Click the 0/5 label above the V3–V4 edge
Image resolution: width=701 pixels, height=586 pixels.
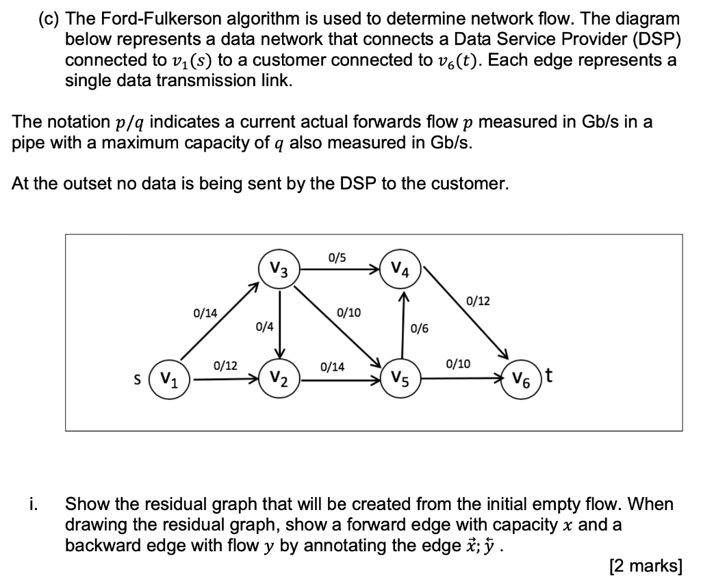(x=337, y=258)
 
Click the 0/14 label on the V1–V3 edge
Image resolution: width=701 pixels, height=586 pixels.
(x=205, y=313)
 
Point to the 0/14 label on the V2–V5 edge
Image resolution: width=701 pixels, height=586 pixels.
(x=332, y=367)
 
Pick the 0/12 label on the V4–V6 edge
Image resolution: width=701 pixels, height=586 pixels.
(x=478, y=301)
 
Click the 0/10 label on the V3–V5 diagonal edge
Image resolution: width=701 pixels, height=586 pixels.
(x=348, y=313)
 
